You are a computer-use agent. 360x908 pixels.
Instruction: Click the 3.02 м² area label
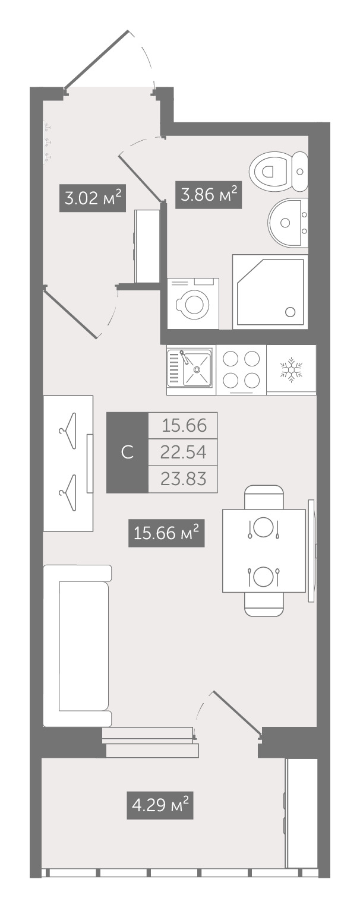[x=93, y=198]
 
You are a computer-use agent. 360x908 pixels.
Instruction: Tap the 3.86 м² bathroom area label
[x=209, y=195]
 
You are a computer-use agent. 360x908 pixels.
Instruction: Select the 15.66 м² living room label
[x=166, y=533]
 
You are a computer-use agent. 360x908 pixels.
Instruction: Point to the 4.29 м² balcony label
[x=160, y=805]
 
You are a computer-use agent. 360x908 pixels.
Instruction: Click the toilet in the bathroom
[x=279, y=172]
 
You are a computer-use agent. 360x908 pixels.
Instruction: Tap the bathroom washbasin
[x=288, y=222]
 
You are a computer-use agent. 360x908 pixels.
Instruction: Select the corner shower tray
[x=270, y=292]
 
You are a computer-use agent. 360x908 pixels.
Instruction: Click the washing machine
[x=193, y=303]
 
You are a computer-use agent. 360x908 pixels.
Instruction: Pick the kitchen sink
[x=191, y=369]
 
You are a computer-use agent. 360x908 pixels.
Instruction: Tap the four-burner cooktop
[x=241, y=370]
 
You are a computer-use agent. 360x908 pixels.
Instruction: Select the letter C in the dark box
[x=127, y=452]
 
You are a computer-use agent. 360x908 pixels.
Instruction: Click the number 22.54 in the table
[x=183, y=452]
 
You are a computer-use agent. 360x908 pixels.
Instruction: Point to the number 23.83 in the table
[x=183, y=479]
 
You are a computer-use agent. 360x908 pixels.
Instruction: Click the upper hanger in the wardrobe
[x=67, y=431]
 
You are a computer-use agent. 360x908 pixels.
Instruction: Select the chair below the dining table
[x=264, y=605]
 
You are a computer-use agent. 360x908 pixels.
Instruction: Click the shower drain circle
[x=290, y=312]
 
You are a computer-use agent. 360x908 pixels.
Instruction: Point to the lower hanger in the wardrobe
[x=67, y=493]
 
